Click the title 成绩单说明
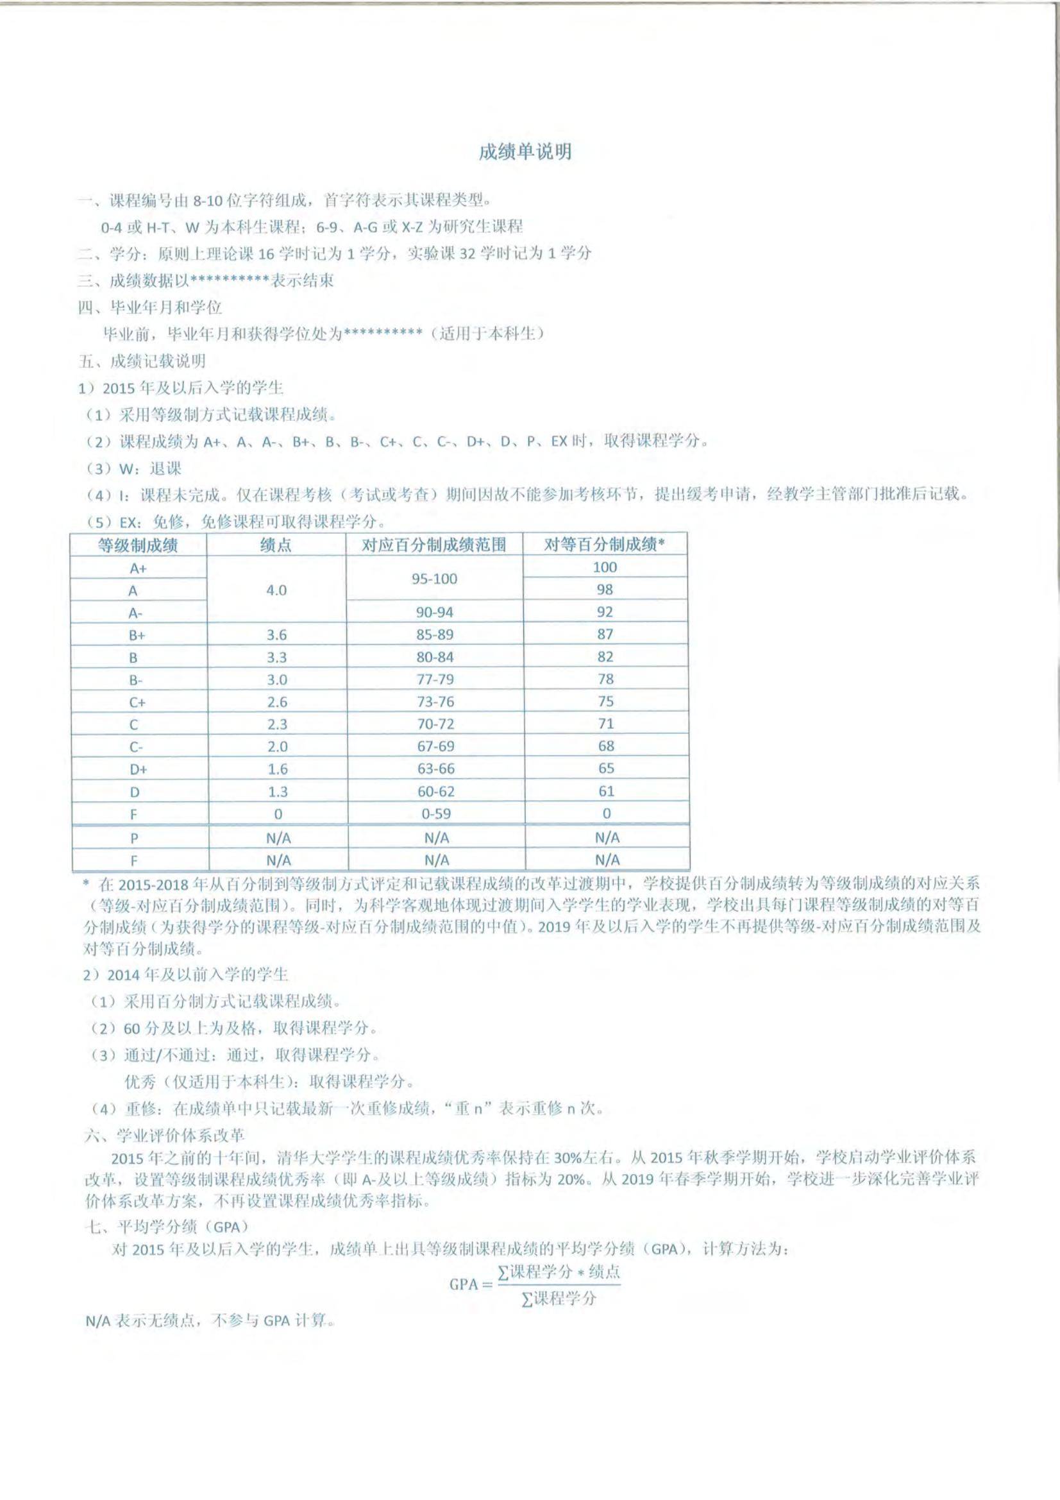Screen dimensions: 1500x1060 525,152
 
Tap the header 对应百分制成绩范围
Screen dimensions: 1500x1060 433,545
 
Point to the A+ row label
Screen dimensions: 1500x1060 138,568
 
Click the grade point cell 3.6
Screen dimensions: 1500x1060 277,635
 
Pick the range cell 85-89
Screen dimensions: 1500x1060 435,635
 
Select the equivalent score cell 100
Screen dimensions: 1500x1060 605,567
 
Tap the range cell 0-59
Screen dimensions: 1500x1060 435,814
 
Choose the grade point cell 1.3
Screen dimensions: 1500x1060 278,792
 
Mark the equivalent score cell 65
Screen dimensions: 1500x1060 606,769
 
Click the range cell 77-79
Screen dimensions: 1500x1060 435,679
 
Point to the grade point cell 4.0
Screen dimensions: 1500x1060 276,591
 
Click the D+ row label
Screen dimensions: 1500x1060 138,770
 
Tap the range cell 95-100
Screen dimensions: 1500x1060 434,579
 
